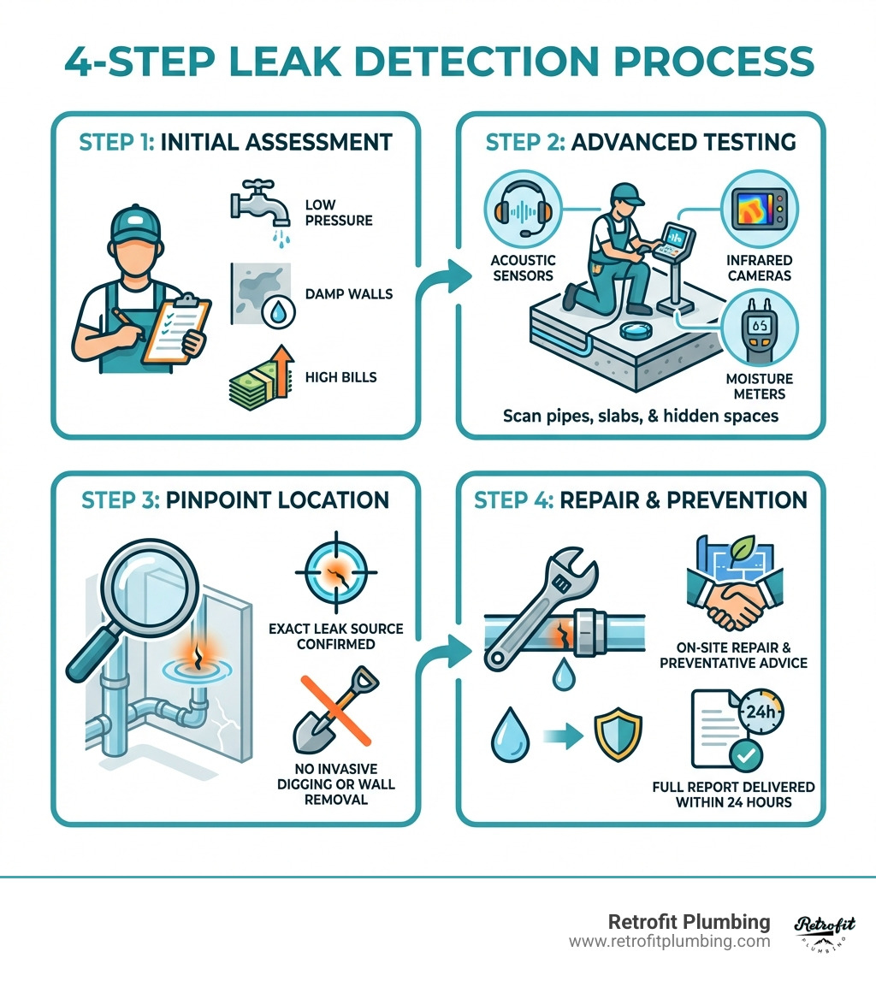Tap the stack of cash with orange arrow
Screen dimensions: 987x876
256,376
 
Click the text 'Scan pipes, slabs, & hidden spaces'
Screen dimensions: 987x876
641,416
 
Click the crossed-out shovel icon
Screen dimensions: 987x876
334,706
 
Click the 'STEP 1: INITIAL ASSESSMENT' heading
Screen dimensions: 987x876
235,141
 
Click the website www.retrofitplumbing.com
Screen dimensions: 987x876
669,942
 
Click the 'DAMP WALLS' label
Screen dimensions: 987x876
348,293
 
